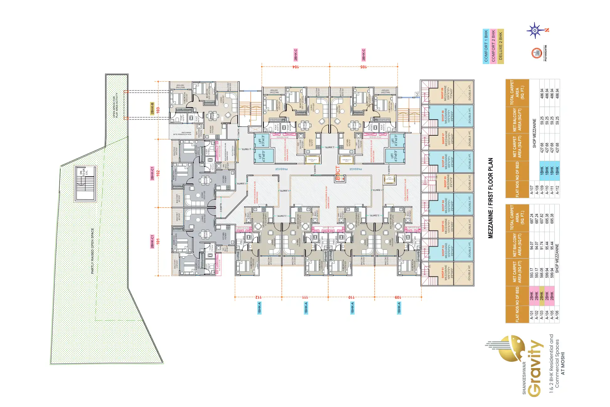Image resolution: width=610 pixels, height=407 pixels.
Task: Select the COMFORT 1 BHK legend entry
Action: click(486, 46)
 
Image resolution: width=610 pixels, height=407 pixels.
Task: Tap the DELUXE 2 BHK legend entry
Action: click(500, 46)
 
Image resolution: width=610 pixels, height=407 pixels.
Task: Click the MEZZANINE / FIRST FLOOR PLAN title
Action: click(491, 198)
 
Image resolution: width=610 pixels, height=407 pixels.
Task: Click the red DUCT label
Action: click(338, 173)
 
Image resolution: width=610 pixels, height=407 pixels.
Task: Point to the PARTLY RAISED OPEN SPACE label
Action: click(92, 251)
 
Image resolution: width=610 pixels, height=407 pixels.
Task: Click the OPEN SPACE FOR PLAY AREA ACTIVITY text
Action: click(115, 105)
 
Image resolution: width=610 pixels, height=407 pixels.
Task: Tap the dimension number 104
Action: click(296, 67)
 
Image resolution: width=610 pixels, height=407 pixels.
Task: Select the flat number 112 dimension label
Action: click(258, 297)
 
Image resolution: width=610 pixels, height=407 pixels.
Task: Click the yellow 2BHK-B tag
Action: click(152, 108)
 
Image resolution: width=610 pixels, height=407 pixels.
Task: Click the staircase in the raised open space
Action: click(85, 184)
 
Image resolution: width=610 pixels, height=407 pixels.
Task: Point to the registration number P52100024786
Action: click(546, 53)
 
